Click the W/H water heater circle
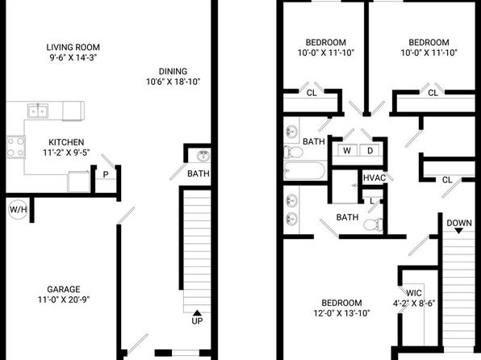(x=18, y=210)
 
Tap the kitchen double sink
(x=37, y=111)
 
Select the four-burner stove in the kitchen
(x=15, y=147)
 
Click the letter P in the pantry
(x=106, y=174)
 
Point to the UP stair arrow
(x=197, y=312)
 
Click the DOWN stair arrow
(x=459, y=231)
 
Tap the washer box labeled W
(x=347, y=150)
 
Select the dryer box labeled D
(x=370, y=150)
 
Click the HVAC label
(x=374, y=178)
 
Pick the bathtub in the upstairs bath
(x=305, y=170)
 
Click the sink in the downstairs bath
(x=203, y=157)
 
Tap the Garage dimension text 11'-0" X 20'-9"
(x=64, y=299)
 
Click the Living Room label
(x=73, y=48)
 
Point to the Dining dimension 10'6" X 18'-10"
(x=173, y=82)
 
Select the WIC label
(x=414, y=293)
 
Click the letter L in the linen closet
(x=372, y=201)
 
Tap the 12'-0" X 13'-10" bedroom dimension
(x=341, y=313)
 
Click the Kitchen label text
(x=66, y=142)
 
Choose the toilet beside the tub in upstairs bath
(x=293, y=152)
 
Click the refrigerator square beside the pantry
(x=79, y=182)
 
